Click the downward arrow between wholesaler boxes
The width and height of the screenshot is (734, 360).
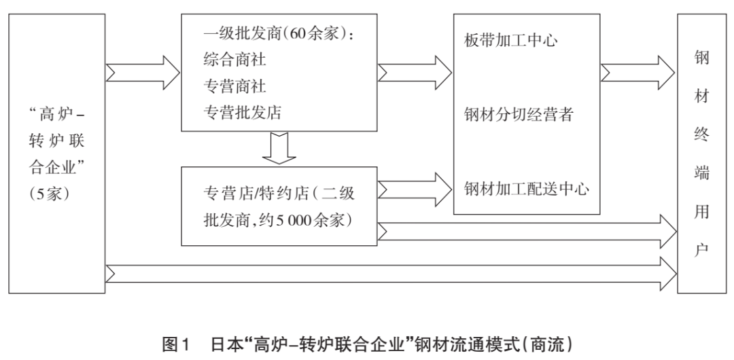point(280,149)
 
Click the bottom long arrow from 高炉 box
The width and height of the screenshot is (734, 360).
point(391,272)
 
